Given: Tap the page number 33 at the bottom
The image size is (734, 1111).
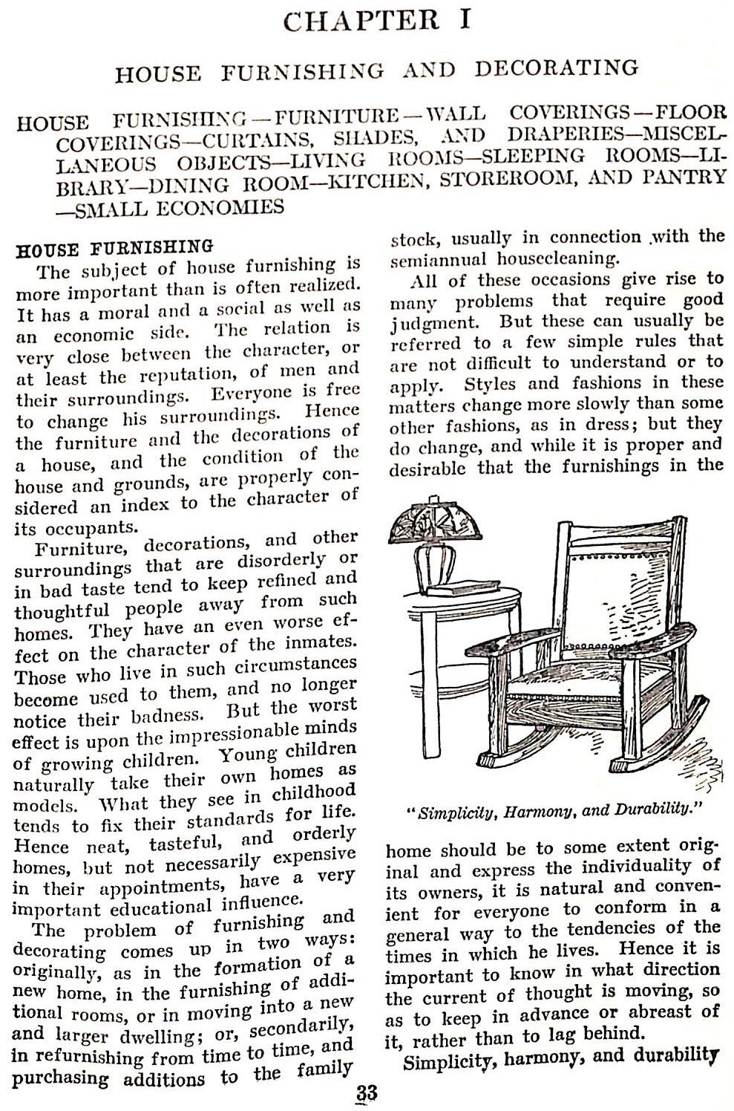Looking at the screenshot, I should point(366,1094).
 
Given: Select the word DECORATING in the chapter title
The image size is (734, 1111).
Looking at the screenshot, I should point(557,69).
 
